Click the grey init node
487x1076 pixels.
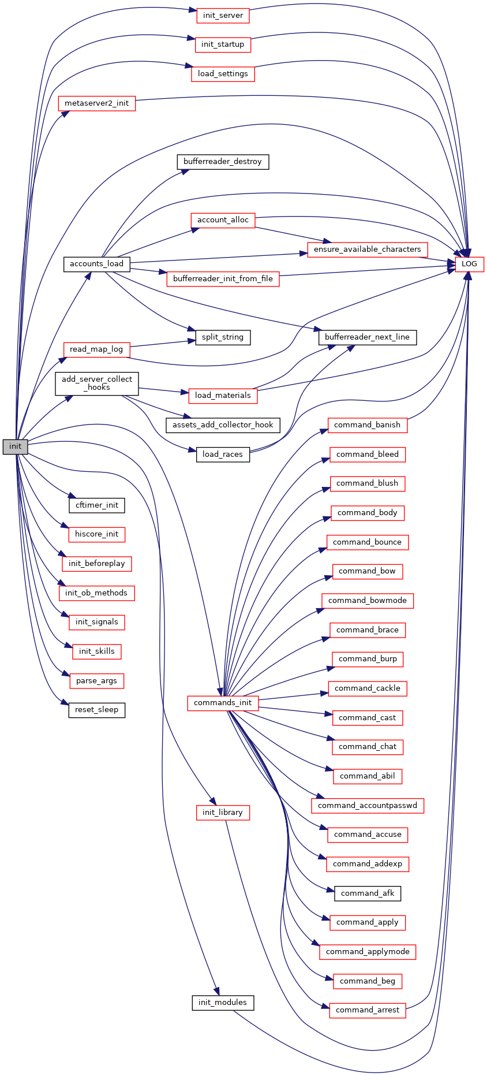tap(15, 446)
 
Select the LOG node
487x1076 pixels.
tap(469, 264)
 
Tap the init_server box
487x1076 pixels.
tap(223, 16)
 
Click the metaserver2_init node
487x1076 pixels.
tap(96, 103)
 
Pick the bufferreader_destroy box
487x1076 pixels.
tap(223, 162)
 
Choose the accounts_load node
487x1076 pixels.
tap(96, 264)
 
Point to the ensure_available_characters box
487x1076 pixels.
tap(368, 250)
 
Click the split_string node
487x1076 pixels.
tap(223, 337)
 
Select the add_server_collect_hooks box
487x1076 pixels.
tap(97, 384)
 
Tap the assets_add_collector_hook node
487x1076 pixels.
tap(223, 425)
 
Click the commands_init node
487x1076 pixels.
tap(223, 703)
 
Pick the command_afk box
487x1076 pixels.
tap(368, 893)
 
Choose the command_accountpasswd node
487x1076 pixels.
tap(368, 806)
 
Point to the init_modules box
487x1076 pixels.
tap(223, 1003)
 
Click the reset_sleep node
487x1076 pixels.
tap(96, 710)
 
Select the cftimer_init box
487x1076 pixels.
tap(96, 505)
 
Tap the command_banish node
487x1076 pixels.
tap(368, 425)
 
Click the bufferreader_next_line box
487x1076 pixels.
tap(368, 337)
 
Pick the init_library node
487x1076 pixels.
tap(223, 813)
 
